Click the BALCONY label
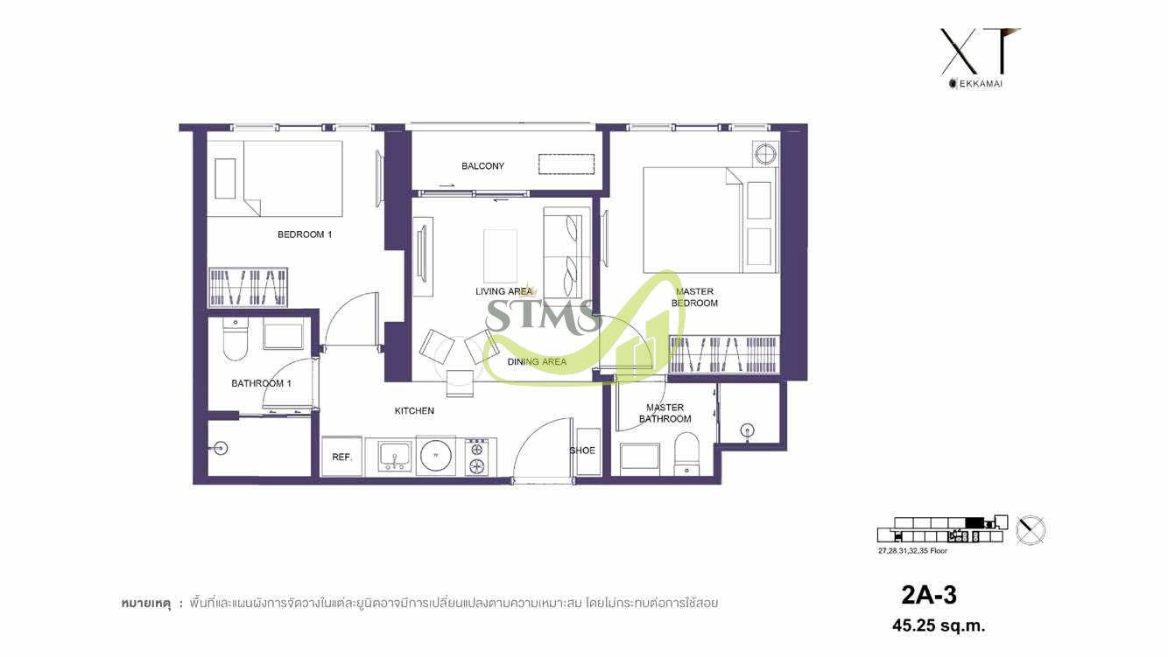pyautogui.click(x=482, y=166)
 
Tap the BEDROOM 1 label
pyautogui.click(x=304, y=234)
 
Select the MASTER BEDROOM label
pyautogui.click(x=694, y=297)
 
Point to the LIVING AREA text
pyautogui.click(x=503, y=291)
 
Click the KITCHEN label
pyautogui.click(x=414, y=410)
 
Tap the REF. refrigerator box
pyautogui.click(x=341, y=457)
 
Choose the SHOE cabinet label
pyautogui.click(x=582, y=451)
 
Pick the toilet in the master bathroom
pyautogui.click(x=686, y=455)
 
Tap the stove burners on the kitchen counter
pyautogui.click(x=477, y=457)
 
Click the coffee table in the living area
pyautogui.click(x=500, y=249)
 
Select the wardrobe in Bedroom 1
pyautogui.click(x=249, y=287)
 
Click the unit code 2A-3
pyautogui.click(x=929, y=596)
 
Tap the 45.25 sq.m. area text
pyautogui.click(x=938, y=626)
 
